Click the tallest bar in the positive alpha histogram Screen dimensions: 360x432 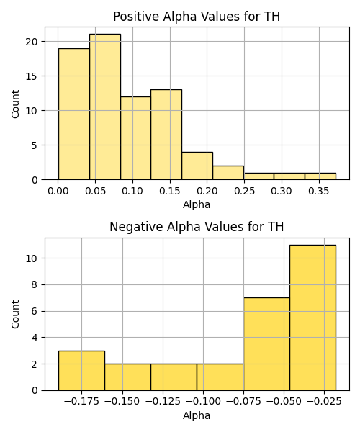105,107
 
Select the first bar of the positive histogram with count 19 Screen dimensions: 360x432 74,114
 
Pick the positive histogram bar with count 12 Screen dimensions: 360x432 135,138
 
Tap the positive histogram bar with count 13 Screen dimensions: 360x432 166,135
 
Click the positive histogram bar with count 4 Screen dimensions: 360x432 197,166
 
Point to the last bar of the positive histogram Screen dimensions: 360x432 320,176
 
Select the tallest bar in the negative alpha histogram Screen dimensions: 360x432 312,318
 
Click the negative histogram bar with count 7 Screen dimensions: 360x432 266,344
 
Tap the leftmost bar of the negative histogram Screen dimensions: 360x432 81,371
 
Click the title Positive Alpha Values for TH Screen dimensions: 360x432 197,17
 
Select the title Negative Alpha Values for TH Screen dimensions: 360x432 197,227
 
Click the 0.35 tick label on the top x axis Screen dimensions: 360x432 319,191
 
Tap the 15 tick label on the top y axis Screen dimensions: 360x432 32,76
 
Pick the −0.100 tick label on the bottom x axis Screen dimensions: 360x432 204,401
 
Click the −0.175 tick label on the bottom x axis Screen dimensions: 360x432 81,401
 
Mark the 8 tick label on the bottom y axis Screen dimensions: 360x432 34,284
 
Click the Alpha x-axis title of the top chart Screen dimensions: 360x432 197,204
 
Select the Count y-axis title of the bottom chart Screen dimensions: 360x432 15,315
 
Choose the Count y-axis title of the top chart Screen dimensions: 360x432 15,104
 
